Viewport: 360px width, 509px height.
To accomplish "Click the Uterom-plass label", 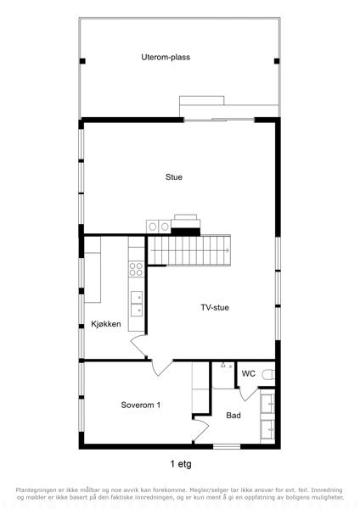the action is coord(166,57).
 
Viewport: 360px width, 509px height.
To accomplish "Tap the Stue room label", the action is coord(174,177).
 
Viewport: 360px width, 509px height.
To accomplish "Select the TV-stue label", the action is coord(215,307).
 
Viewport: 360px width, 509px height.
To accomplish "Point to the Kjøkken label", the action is coord(106,324).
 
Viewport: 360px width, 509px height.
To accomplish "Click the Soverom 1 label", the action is coord(141,406).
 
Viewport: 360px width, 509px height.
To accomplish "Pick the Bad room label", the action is coord(233,416).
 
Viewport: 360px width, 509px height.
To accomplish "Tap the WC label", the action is coord(249,373).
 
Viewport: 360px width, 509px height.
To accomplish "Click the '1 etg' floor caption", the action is coord(181,464).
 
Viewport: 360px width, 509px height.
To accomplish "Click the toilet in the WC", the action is coord(268,375).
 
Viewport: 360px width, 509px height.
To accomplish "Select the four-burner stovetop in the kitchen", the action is coord(136,269).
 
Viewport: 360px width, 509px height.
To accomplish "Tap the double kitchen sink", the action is coord(137,304).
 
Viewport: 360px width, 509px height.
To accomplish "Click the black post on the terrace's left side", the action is coord(82,61).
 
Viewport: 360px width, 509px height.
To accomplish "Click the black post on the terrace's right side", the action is coord(277,61).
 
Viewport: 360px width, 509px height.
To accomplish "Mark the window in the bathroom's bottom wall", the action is coord(227,447).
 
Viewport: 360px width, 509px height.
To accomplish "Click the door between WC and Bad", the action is coord(248,394).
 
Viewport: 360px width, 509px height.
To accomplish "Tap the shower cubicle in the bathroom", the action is coord(223,375).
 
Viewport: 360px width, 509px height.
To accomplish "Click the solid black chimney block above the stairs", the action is coord(186,232).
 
